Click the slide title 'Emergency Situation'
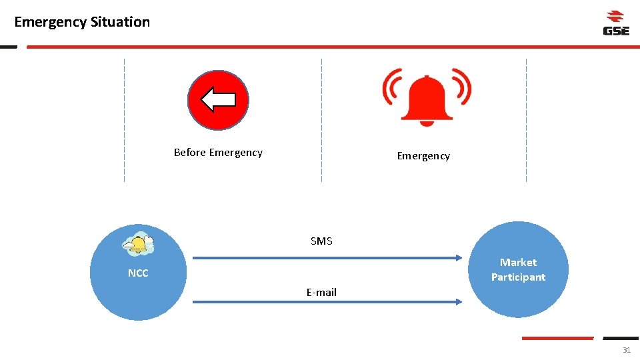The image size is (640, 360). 82,22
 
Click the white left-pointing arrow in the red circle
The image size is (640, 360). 218,100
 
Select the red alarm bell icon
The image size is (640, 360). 427,99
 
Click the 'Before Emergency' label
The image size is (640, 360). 218,153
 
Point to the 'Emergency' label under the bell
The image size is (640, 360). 423,156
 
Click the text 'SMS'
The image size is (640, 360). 321,241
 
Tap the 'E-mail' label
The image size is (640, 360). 321,293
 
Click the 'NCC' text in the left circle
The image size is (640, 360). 138,273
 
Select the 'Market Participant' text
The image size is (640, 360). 518,270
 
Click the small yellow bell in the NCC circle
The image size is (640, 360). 139,245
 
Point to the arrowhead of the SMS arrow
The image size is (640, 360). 458,257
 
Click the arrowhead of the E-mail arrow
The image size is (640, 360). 458,302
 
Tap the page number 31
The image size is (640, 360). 626,350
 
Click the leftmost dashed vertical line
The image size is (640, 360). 124,120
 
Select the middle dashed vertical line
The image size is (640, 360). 321,120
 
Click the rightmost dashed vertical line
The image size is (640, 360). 526,120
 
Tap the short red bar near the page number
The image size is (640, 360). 557,338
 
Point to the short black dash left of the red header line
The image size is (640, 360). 8,47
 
